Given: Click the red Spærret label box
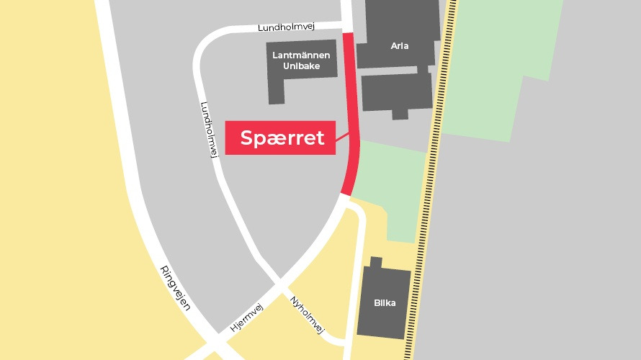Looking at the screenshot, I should pyautogui.click(x=281, y=138).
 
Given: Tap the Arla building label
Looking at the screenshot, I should pyautogui.click(x=400, y=46).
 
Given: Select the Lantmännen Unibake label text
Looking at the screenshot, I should pyautogui.click(x=302, y=60).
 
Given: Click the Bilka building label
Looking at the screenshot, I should pyautogui.click(x=385, y=303).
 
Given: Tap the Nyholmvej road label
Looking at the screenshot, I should pyautogui.click(x=307, y=314).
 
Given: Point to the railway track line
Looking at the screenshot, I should pyautogui.click(x=432, y=180).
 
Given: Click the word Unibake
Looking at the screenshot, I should pyautogui.click(x=302, y=66).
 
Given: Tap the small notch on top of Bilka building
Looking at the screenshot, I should pyautogui.click(x=375, y=263).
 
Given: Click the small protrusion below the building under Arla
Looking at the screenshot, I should pyautogui.click(x=400, y=114).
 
